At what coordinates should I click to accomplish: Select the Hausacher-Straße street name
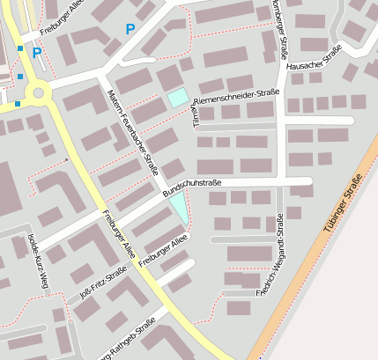[314, 62]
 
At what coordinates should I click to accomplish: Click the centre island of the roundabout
[37, 92]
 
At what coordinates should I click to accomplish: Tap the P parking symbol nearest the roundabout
[37, 53]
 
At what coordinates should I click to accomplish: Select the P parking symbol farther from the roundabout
[130, 30]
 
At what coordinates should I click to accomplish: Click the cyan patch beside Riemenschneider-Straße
[178, 98]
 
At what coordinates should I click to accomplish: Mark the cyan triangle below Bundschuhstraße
[179, 209]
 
